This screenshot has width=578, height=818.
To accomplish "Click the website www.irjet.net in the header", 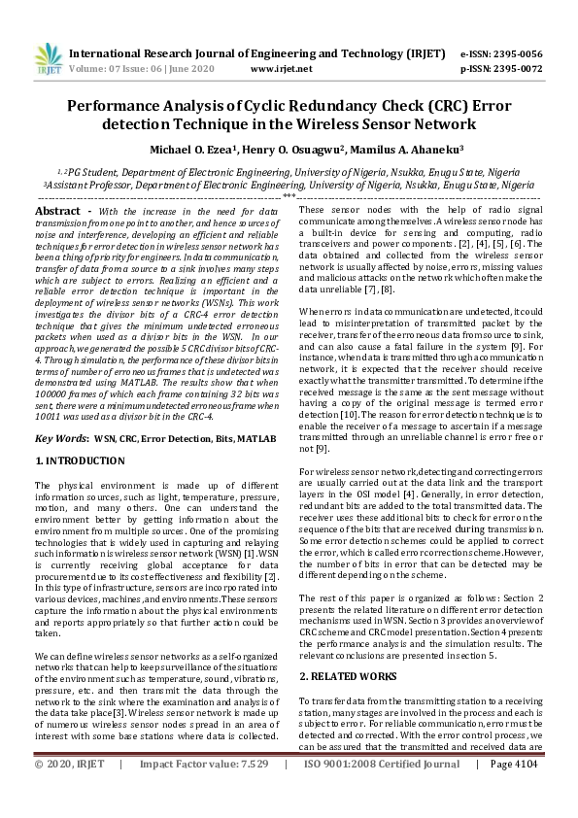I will (x=281, y=69).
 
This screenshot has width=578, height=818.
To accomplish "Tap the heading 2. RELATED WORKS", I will (x=349, y=674).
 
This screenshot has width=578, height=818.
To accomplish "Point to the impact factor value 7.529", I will (x=247, y=793).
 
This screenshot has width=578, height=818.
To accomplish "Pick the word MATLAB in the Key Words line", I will (x=255, y=440).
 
